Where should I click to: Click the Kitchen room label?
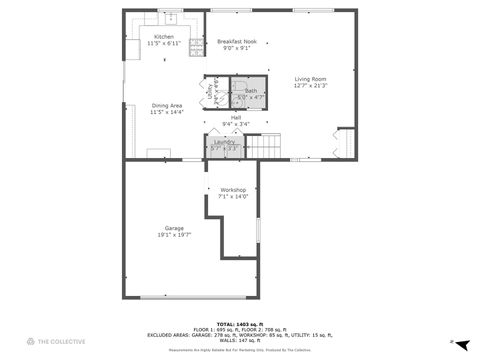coord(163,36)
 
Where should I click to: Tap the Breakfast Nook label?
coord(237,41)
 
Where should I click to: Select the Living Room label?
coord(310,79)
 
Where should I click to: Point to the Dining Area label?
coord(166,105)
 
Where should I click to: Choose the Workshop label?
coord(233,189)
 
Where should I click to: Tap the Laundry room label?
coord(225,142)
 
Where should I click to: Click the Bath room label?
coord(250,91)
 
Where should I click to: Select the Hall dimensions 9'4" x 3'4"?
coord(236,124)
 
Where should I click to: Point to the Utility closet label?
coord(211,91)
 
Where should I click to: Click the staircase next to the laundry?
coord(266,147)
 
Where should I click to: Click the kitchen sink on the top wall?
coord(170,17)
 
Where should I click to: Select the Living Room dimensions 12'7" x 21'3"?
coord(310,86)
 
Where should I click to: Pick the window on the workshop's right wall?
coord(257,229)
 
